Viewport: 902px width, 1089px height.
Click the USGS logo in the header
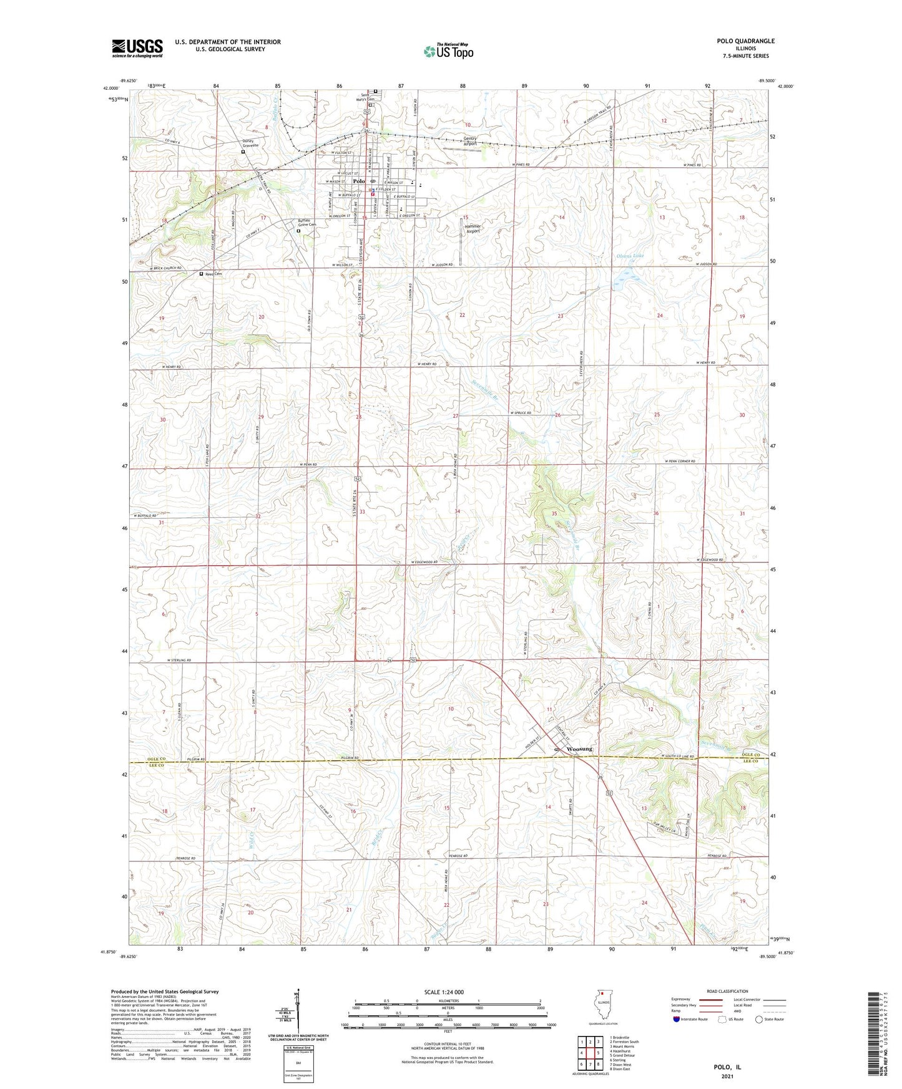click(x=137, y=48)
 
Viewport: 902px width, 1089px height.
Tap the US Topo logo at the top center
click(x=448, y=51)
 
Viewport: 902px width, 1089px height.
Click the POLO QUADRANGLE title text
click(x=745, y=41)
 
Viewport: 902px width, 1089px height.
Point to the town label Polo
click(x=358, y=181)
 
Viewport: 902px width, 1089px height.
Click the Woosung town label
click(x=579, y=748)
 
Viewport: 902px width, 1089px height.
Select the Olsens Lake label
click(x=630, y=256)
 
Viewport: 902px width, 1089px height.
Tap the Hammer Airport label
click(x=473, y=228)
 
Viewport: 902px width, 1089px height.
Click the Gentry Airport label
click(x=474, y=141)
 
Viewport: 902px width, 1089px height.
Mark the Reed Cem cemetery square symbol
click(x=201, y=274)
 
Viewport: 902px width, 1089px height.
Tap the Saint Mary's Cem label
click(x=370, y=98)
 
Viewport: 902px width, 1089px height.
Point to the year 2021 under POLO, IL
click(x=727, y=1076)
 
